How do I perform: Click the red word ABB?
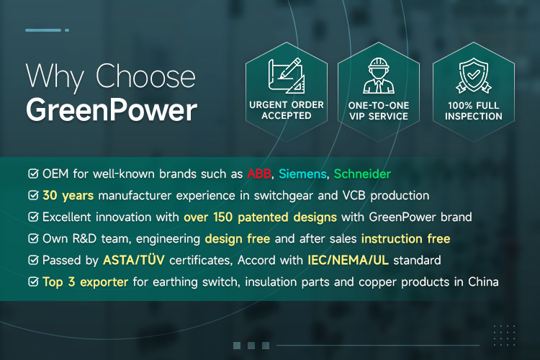(259, 174)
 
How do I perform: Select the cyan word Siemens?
(302, 174)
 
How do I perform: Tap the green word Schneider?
(362, 174)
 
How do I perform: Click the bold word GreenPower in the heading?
(112, 110)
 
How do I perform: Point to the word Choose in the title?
(145, 76)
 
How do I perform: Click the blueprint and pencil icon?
(286, 76)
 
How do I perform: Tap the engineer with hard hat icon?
(379, 76)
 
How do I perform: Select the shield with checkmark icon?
(474, 76)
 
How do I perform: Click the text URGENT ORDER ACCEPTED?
(286, 110)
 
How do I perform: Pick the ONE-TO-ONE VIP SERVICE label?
(379, 111)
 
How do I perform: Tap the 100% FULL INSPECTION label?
(474, 111)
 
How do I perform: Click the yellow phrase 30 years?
(68, 196)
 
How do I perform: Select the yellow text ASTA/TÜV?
(134, 260)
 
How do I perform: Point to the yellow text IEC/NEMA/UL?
(348, 260)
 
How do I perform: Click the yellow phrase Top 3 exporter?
(86, 282)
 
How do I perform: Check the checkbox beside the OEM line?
(33, 174)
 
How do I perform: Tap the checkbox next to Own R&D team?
(33, 238)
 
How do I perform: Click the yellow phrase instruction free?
(405, 239)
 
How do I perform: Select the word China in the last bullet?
(483, 282)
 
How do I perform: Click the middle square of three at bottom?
(251, 345)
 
